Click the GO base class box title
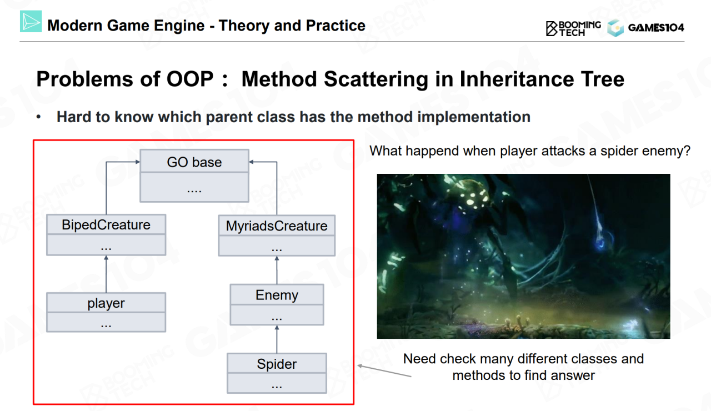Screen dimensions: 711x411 (194, 162)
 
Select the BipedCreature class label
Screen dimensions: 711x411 (106, 225)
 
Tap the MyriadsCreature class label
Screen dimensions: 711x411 (277, 226)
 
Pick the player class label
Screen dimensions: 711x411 (106, 303)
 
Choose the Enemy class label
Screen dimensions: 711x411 (277, 295)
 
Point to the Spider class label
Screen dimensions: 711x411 (277, 364)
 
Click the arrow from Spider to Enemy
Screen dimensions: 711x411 (277, 339)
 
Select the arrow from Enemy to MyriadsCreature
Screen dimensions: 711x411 (277, 270)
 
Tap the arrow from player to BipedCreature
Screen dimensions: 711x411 (106, 274)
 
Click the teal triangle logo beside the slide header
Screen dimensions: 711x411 (31, 21)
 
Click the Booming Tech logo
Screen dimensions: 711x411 (573, 28)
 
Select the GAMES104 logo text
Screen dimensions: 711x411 (656, 28)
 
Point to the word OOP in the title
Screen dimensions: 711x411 (190, 79)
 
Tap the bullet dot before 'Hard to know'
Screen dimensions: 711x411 (38, 117)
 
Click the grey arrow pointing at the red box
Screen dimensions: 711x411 (384, 371)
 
